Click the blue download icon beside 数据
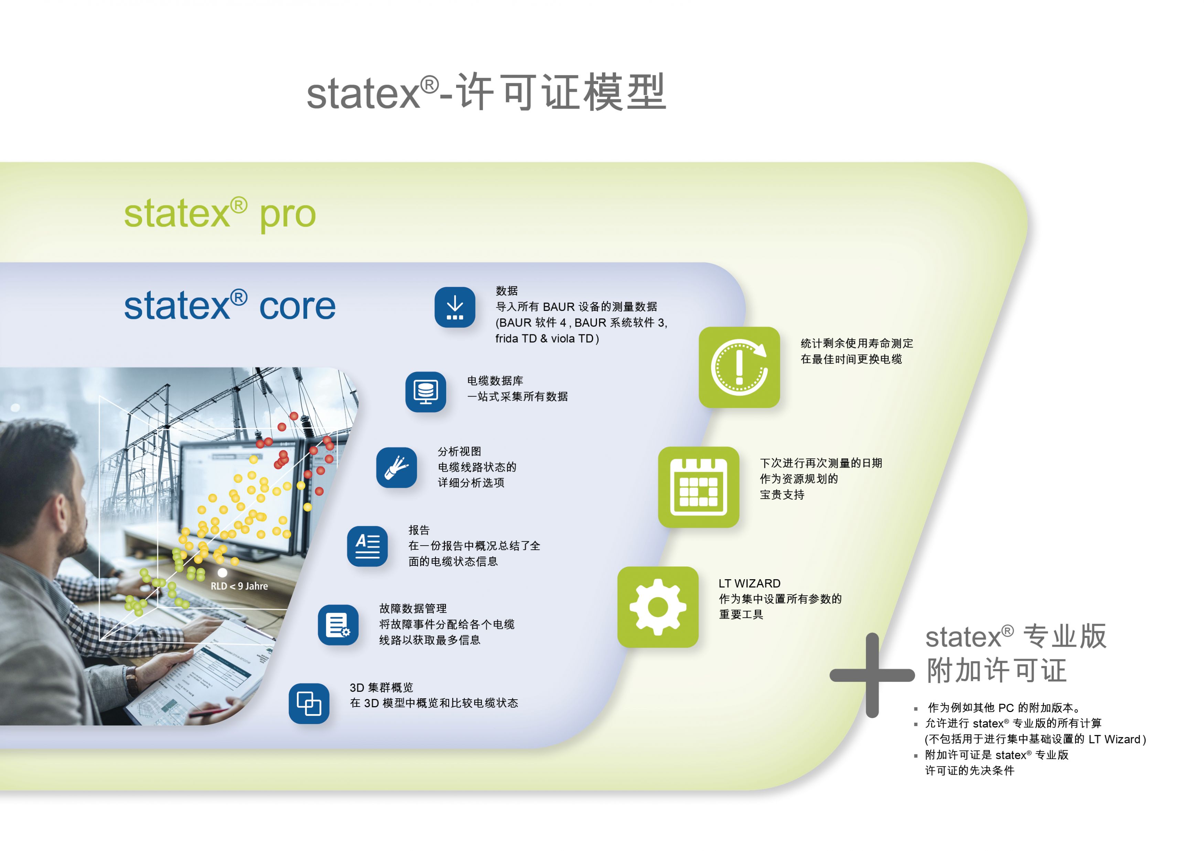(455, 307)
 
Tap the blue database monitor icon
(425, 392)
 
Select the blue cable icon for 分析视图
(396, 467)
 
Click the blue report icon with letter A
(367, 546)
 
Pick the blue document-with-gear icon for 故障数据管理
(338, 625)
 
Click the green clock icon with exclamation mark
(739, 367)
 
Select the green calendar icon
(698, 487)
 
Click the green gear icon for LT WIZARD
(658, 607)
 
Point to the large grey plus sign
(872, 675)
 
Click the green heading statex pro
(220, 214)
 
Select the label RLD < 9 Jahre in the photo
(239, 586)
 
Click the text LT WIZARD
(749, 584)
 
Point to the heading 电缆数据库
(495, 381)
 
